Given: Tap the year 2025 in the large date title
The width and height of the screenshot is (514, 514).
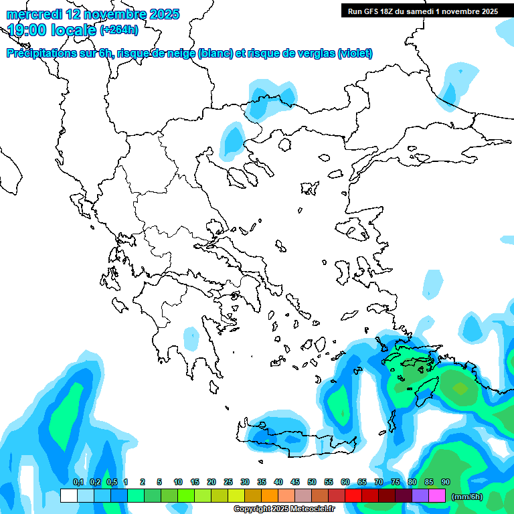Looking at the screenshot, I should click(x=161, y=14).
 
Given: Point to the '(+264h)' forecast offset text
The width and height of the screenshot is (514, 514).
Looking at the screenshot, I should click(x=119, y=30).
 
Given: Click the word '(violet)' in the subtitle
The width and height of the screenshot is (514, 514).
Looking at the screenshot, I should click(x=355, y=54).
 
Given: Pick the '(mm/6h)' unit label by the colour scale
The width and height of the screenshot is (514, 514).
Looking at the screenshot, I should click(x=467, y=497).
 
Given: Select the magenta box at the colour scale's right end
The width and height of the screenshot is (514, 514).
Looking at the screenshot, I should click(x=437, y=496).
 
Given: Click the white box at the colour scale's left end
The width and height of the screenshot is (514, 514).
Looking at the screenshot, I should click(x=68, y=496).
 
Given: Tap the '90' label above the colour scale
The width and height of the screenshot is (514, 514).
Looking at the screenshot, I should click(x=446, y=482).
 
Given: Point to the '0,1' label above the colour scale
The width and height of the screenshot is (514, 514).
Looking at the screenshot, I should click(x=78, y=482).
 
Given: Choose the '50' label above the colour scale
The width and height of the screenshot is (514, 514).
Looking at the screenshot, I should click(x=312, y=482).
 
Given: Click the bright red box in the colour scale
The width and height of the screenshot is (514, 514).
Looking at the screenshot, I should click(x=353, y=496).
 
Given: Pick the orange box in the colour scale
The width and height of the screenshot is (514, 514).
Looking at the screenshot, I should click(x=270, y=496).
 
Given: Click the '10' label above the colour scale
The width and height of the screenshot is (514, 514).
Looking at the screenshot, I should click(x=178, y=482).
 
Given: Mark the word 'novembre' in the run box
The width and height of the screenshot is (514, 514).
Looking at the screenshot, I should click(x=462, y=11).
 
